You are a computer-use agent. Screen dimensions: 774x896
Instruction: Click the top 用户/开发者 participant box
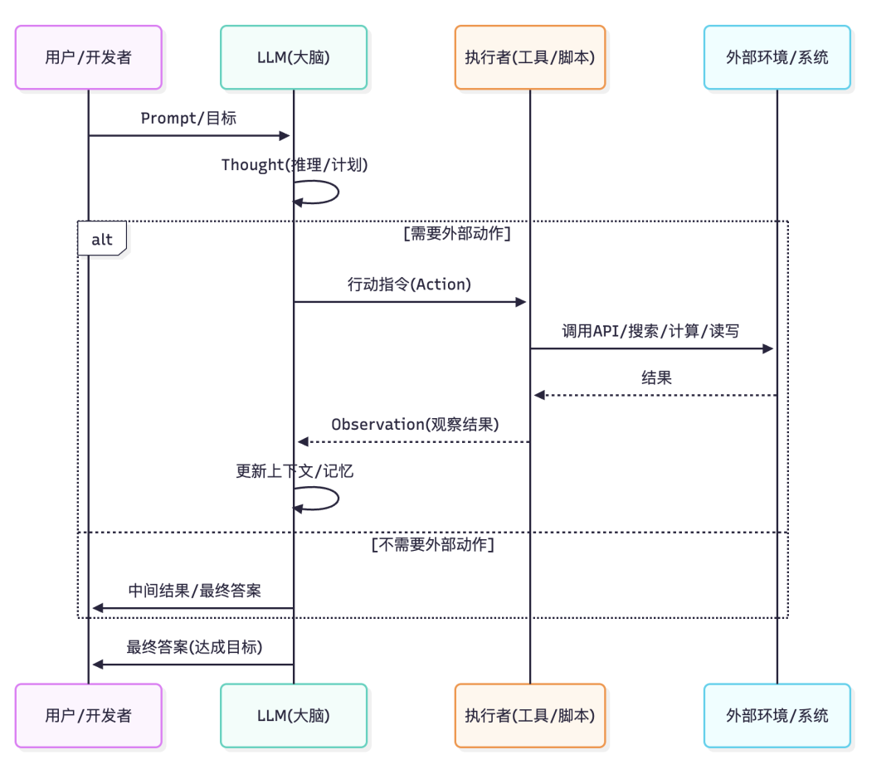click(88, 57)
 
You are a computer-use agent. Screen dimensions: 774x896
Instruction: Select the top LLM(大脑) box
click(293, 57)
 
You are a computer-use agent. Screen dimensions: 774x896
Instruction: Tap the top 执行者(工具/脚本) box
click(529, 57)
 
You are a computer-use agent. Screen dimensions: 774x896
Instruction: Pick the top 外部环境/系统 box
click(777, 57)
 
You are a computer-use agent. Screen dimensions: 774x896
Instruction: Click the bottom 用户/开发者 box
click(88, 715)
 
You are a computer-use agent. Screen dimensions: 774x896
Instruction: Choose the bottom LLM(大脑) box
click(293, 715)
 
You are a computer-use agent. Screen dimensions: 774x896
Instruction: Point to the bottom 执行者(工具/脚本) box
click(529, 715)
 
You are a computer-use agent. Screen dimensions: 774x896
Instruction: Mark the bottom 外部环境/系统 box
click(777, 715)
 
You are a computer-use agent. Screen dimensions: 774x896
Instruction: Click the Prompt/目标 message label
click(188, 118)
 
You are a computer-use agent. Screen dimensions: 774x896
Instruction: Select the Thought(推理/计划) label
click(294, 165)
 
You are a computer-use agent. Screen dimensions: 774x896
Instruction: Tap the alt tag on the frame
click(101, 240)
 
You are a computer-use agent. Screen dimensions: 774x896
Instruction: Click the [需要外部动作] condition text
click(456, 233)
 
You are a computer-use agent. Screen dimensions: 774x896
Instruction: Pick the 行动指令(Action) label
click(409, 285)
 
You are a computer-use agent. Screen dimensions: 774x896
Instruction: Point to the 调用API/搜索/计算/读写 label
click(650, 331)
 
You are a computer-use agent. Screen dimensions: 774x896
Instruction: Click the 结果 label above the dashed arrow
click(656, 377)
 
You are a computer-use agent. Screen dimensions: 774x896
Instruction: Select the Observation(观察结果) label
click(415, 424)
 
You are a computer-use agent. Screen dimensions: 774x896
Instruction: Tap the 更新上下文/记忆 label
click(295, 470)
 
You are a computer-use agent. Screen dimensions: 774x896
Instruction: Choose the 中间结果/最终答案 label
click(194, 591)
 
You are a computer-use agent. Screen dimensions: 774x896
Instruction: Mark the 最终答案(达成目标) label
click(194, 647)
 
